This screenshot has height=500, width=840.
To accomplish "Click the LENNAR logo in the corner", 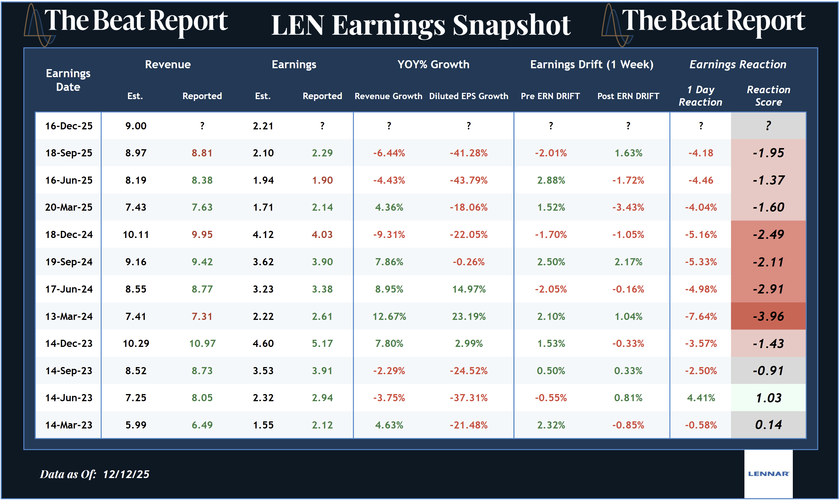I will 768,473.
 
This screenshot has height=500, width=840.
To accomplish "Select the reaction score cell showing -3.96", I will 768,316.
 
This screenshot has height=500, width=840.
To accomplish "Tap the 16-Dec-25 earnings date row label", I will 69,126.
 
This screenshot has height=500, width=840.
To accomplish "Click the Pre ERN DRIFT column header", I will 550,96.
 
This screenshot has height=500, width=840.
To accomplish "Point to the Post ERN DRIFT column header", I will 628,96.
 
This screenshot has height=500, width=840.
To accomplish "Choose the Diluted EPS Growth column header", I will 468,96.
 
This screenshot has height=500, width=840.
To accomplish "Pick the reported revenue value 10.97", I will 202,343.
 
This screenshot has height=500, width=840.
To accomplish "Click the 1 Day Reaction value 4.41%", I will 700,398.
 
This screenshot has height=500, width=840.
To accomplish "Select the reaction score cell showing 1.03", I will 768,398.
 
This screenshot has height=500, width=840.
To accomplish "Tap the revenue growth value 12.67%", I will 389,316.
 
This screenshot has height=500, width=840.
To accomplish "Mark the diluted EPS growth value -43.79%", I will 468,180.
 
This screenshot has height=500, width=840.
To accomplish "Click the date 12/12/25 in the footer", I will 126,474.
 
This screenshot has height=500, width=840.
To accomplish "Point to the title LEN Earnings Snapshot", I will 421,25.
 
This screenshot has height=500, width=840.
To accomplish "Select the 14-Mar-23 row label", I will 69,425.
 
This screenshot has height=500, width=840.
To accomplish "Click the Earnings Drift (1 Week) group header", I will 591,64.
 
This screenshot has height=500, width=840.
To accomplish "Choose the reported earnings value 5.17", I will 322,343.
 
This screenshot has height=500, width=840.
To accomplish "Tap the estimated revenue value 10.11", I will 136,234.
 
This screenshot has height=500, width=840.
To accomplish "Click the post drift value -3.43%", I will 628,207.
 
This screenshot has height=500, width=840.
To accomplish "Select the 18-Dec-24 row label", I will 69,234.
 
